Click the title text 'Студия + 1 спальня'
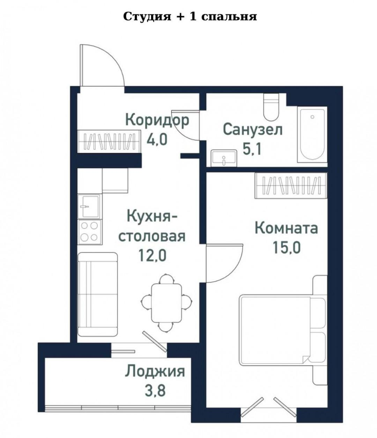(x=190, y=16)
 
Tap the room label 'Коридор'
(x=157, y=120)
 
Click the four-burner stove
(x=89, y=231)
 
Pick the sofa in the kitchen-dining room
(x=97, y=294)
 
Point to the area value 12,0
(x=152, y=256)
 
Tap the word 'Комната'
(x=286, y=228)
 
